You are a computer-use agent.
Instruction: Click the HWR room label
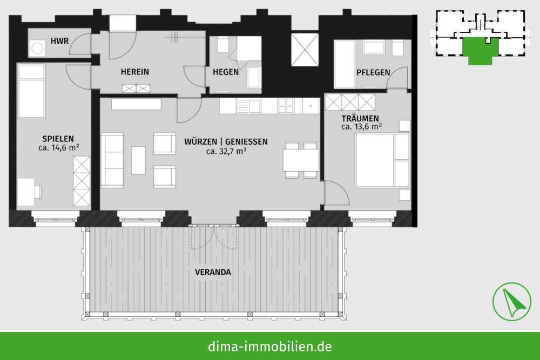pyautogui.click(x=59, y=41)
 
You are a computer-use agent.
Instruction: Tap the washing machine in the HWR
pyautogui.click(x=37, y=48)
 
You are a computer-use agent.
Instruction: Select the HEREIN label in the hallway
pyautogui.click(x=135, y=72)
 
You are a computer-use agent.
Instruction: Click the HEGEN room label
pyautogui.click(x=226, y=72)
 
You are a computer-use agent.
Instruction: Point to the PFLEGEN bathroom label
pyautogui.click(x=373, y=73)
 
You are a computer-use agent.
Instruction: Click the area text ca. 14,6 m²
pyautogui.click(x=59, y=148)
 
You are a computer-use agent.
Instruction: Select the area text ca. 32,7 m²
pyautogui.click(x=226, y=151)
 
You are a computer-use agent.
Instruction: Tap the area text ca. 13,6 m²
pyautogui.click(x=362, y=127)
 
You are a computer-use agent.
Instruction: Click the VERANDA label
pyautogui.click(x=213, y=272)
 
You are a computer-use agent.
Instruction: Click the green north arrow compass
pyautogui.click(x=511, y=302)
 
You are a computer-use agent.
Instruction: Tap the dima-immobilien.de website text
pyautogui.click(x=269, y=346)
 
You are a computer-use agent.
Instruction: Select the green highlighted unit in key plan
pyautogui.click(x=481, y=50)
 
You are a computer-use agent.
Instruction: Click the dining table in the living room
pyautogui.click(x=301, y=160)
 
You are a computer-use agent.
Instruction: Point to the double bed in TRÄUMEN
pyautogui.click(x=375, y=160)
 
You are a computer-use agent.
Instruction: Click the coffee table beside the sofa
pyautogui.click(x=138, y=160)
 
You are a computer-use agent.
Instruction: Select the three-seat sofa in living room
pyautogui.click(x=112, y=160)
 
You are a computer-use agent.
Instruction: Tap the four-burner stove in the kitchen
pyautogui.click(x=286, y=106)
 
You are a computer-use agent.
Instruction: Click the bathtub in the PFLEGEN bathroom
pyautogui.click(x=345, y=64)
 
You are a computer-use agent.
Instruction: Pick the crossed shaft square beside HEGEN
pyautogui.click(x=305, y=50)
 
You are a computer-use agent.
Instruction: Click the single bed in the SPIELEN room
pyautogui.click(x=31, y=91)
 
